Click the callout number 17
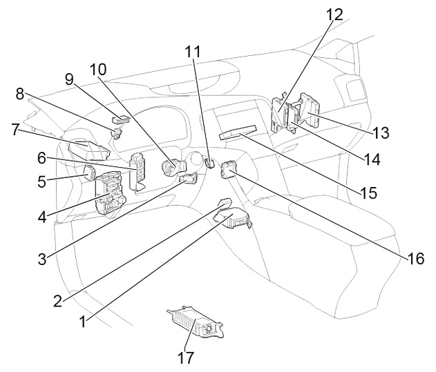pos(186,358)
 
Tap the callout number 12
pos(334,14)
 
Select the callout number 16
pos(416,259)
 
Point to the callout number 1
pos(83,322)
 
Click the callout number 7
pos(16,130)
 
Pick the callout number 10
pos(98,70)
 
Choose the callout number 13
pos(381,133)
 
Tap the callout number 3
pos(42,259)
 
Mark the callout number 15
pos(368,193)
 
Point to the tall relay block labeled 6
pos(138,171)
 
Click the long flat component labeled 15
pos(238,132)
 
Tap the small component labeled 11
pos(209,163)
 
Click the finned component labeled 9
pos(121,119)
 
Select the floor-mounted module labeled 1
pos(232,217)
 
